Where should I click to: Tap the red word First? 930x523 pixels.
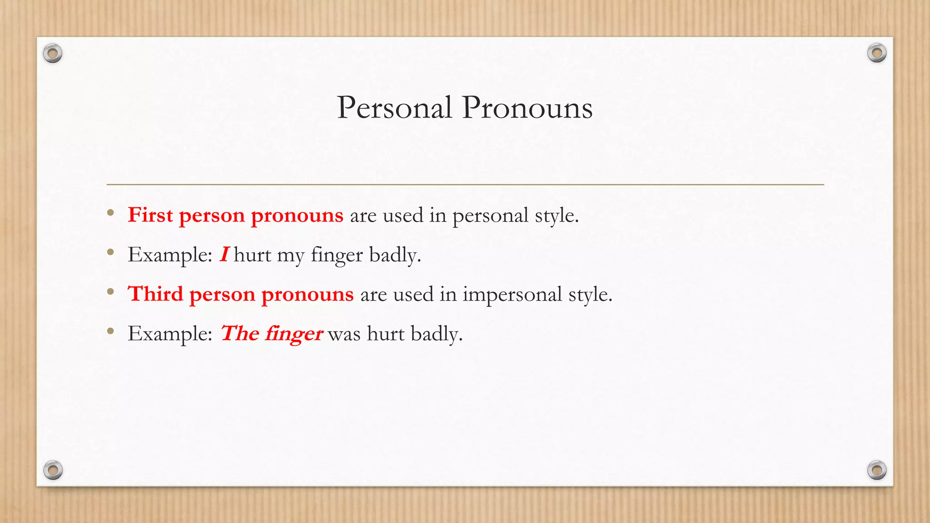click(150, 215)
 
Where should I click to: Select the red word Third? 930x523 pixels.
click(155, 294)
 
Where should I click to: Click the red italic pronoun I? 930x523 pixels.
click(224, 254)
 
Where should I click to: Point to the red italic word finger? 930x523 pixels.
click(294, 334)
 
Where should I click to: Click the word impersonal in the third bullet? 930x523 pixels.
click(512, 295)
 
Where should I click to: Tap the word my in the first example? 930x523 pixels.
click(291, 256)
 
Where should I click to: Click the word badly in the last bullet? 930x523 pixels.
click(436, 334)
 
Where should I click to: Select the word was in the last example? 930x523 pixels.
click(344, 334)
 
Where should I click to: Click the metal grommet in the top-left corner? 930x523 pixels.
click(53, 54)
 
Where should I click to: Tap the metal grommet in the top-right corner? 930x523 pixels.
click(876, 53)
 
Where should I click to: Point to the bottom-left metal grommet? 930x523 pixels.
click(53, 470)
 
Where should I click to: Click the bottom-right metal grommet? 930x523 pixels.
click(876, 470)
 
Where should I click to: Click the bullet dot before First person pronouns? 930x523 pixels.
click(110, 212)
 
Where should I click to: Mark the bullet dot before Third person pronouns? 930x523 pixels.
click(110, 292)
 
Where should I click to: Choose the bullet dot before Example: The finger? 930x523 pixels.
click(110, 331)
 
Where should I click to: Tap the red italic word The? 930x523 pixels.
click(240, 334)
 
